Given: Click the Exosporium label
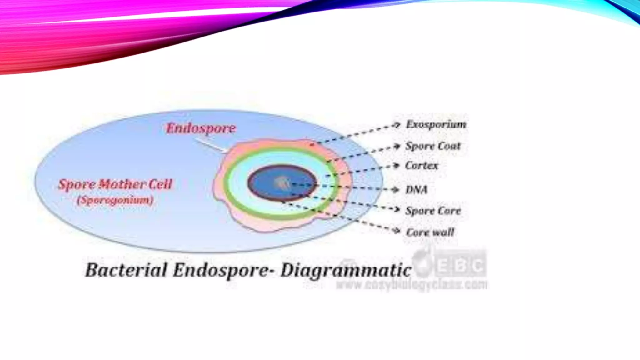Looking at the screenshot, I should click(x=436, y=125).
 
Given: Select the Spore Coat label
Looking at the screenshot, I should click(x=433, y=146).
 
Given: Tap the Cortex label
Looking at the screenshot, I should click(x=421, y=166).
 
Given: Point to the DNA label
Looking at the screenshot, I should click(x=416, y=190).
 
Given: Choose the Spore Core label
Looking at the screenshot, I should click(x=433, y=211).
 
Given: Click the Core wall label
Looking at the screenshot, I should click(x=430, y=232).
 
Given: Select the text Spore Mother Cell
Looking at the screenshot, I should click(x=115, y=184).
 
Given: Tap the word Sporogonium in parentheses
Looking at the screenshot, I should click(x=115, y=200).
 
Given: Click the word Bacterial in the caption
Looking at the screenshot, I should click(x=126, y=270).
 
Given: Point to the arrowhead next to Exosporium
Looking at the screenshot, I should click(x=397, y=125).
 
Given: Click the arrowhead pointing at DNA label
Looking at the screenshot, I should click(x=396, y=190).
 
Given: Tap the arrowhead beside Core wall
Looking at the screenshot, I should click(x=397, y=231).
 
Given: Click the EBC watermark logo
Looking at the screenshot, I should click(x=450, y=266).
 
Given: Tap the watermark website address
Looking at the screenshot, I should click(x=411, y=285).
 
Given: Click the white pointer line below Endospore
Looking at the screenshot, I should click(x=210, y=146).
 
